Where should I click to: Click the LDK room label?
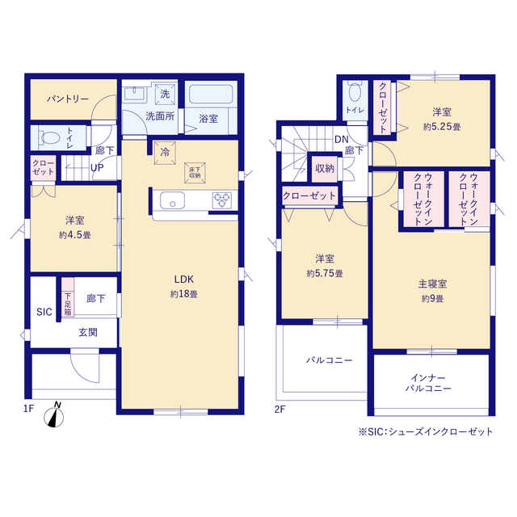coord(184,280)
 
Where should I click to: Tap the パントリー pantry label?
coord(68,99)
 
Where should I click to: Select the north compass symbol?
coord(54,415)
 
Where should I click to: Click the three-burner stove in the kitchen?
coord(221,200)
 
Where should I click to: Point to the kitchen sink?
coord(172,200)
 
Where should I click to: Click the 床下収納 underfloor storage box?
coord(195,172)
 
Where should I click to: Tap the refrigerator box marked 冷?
coord(165,153)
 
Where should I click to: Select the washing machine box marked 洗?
coord(165,94)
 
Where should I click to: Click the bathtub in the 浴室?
coord(211,94)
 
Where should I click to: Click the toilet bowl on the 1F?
coord(49,137)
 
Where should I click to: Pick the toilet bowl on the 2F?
coord(355,91)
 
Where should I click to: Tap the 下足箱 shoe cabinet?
coord(68,298)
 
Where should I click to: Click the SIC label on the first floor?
coord(44,312)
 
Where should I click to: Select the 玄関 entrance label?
coord(88,332)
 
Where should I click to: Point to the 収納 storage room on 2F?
coord(325,169)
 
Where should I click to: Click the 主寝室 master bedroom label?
coord(433,284)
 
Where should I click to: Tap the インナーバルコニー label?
coord(428,383)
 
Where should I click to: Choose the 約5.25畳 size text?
coord(442,127)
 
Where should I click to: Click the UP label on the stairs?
coord(97,168)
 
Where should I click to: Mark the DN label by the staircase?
coord(341,140)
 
